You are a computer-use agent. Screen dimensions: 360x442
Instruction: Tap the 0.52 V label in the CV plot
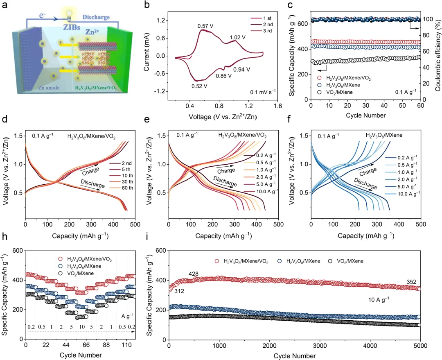pos(199,86)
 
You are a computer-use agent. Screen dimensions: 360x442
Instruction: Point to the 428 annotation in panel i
pos(194,274)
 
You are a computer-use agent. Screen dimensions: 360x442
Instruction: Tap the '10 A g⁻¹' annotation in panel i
pos(378,299)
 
